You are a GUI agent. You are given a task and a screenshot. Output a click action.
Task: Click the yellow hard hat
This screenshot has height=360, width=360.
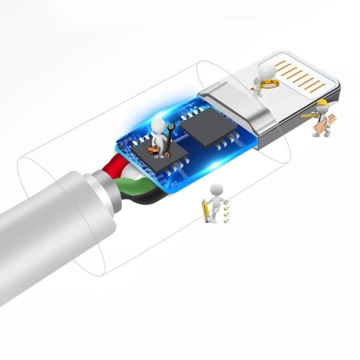click(x=322, y=104)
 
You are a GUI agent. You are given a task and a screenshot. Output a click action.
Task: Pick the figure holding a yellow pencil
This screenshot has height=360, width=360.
click(x=214, y=201)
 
